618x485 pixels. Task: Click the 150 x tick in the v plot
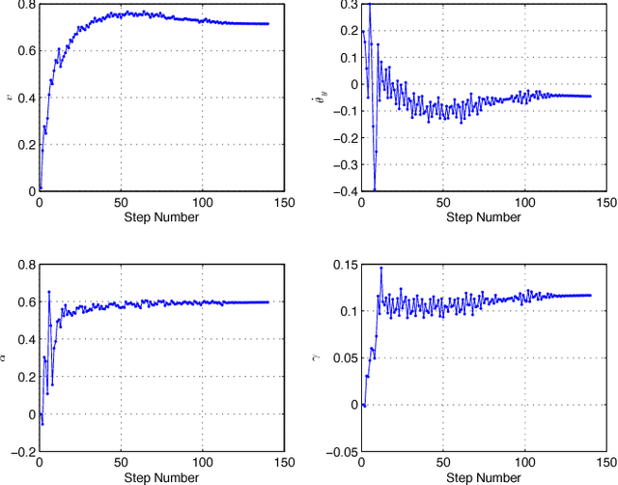[x=282, y=203]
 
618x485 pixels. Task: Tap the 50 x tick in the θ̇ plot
[x=442, y=203]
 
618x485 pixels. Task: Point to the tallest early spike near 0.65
[x=49, y=292]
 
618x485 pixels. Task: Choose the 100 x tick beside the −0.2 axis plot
[x=201, y=464]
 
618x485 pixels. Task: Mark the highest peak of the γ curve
[x=380, y=268]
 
